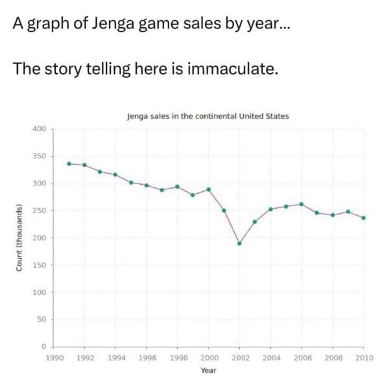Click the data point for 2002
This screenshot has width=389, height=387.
(239, 244)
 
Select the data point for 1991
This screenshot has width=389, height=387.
(69, 163)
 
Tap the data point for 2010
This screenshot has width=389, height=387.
(363, 218)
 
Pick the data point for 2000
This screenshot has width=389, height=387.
(208, 189)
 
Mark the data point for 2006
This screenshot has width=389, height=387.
(301, 204)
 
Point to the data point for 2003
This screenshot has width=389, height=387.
(255, 222)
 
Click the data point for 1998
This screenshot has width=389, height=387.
(177, 187)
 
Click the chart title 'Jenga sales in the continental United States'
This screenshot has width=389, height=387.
(208, 117)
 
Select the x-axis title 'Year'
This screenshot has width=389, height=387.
(208, 370)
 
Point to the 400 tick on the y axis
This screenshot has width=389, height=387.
(39, 129)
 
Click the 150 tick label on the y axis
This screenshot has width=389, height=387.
(39, 265)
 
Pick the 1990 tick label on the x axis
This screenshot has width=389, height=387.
(54, 357)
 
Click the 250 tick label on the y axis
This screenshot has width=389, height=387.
(39, 211)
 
